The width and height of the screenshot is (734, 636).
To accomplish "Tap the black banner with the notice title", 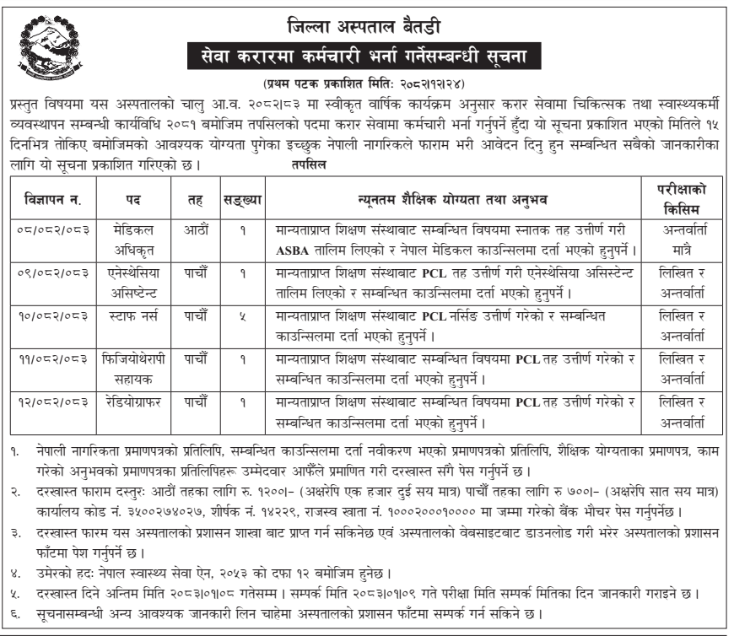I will (369, 58).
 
